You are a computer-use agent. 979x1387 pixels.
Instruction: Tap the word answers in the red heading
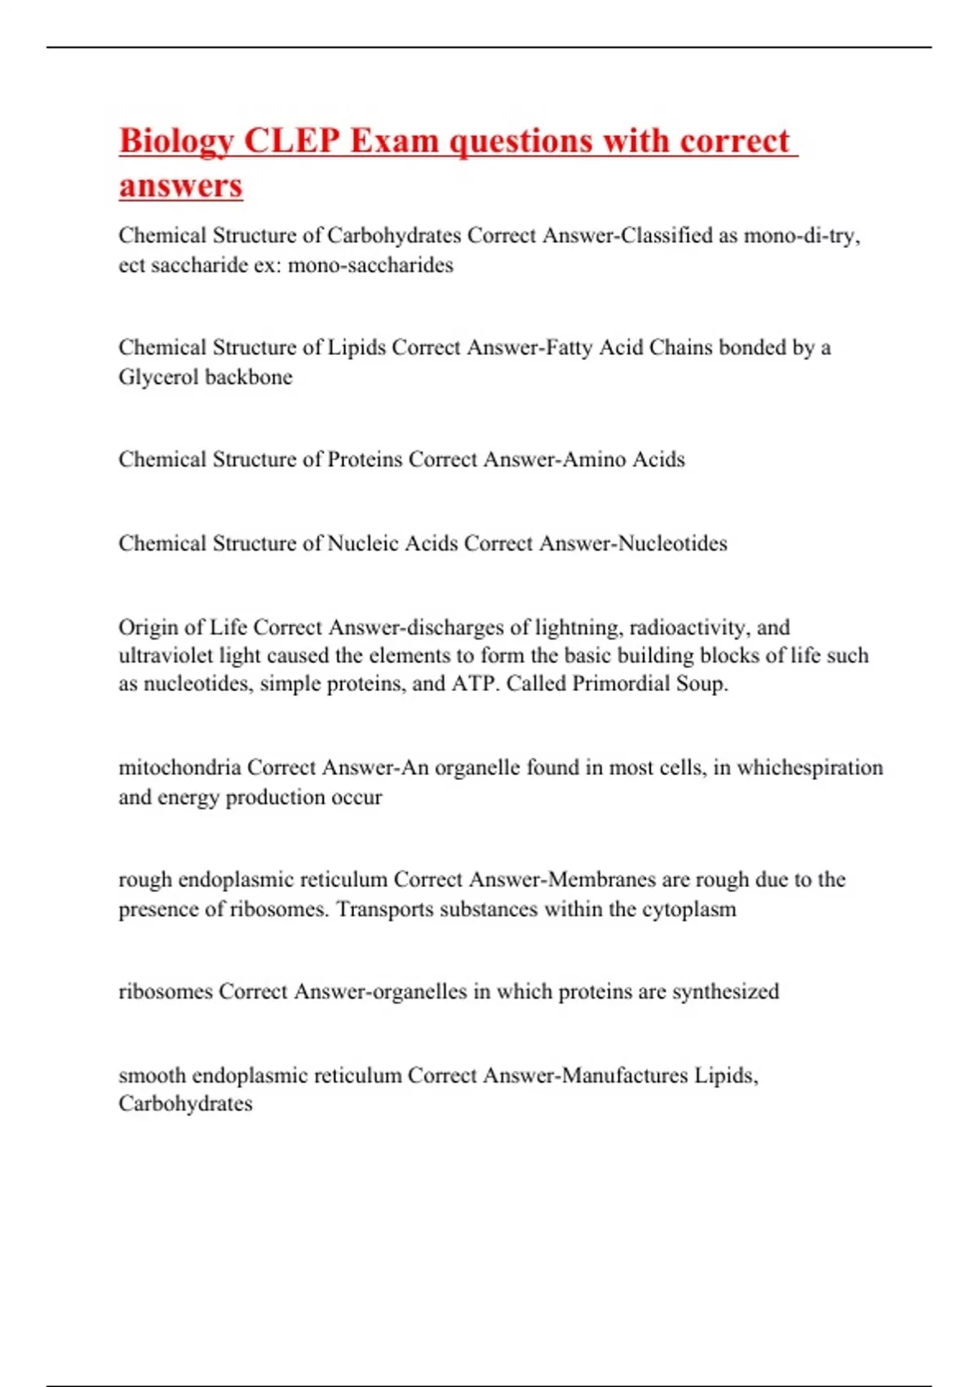180,185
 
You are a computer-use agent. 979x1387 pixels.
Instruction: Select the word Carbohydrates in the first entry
394,235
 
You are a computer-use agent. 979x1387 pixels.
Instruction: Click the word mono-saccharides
370,265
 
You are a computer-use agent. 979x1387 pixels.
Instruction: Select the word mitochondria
179,768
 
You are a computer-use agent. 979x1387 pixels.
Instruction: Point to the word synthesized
725,991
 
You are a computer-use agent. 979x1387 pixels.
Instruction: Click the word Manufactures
625,1075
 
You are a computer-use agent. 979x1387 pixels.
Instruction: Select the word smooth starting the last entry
152,1075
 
